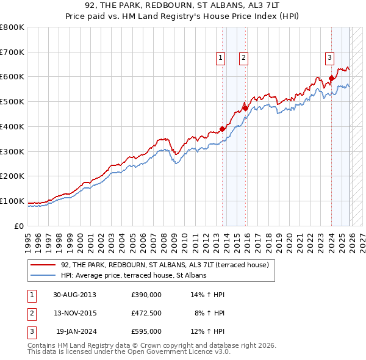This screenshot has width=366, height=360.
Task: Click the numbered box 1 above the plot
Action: point(220,58)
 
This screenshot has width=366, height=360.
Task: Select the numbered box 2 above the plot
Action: point(243,58)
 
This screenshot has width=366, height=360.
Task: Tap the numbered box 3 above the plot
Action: point(329,58)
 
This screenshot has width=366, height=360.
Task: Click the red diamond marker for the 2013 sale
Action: point(223,129)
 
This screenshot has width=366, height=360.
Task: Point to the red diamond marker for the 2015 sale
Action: point(245,108)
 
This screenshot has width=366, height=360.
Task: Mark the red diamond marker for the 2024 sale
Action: point(331,77)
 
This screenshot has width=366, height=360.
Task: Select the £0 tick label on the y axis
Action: point(20,226)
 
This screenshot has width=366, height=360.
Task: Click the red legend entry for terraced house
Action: point(160,265)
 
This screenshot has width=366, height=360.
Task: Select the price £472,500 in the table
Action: point(146,313)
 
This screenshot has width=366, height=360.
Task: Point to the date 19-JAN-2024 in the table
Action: point(76,331)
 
